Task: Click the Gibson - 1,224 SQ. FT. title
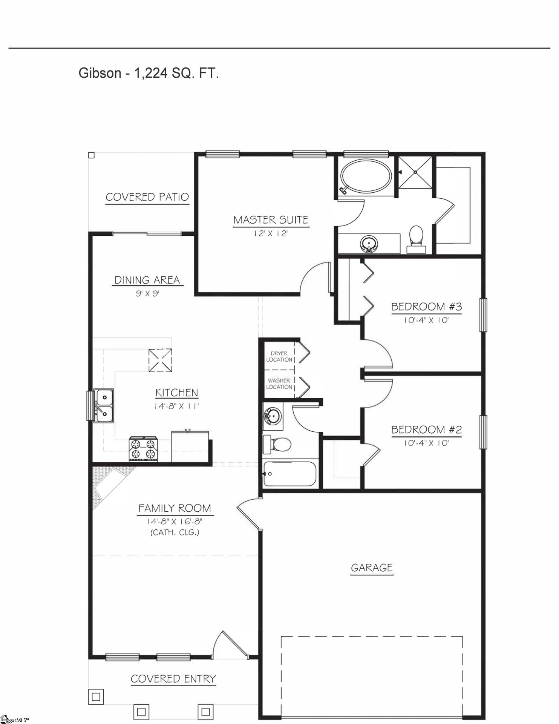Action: pyautogui.click(x=149, y=73)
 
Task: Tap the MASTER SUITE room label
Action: pyautogui.click(x=271, y=220)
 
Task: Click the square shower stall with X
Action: pyautogui.click(x=415, y=172)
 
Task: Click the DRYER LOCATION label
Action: pyautogui.click(x=279, y=357)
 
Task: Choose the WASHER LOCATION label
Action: pyautogui.click(x=279, y=384)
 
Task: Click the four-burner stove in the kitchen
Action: pyautogui.click(x=143, y=449)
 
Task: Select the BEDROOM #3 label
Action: pyautogui.click(x=426, y=307)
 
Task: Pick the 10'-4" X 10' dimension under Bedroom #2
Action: pyautogui.click(x=426, y=443)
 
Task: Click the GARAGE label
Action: pyautogui.click(x=372, y=568)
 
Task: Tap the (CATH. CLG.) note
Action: pyautogui.click(x=175, y=532)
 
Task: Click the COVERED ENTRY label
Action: pyautogui.click(x=173, y=679)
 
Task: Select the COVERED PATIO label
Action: pyautogui.click(x=147, y=197)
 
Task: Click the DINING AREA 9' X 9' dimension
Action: pyautogui.click(x=148, y=293)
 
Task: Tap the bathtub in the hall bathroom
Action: pyautogui.click(x=289, y=474)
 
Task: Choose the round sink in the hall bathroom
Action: pyautogui.click(x=273, y=417)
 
